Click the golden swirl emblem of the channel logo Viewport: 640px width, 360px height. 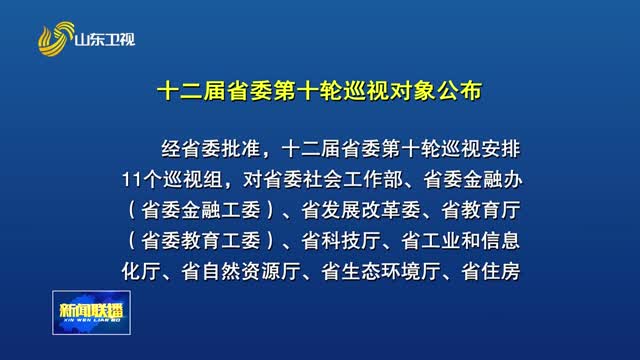[56, 39]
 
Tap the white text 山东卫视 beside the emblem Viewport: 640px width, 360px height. [105, 40]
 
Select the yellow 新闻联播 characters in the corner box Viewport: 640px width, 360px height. [91, 310]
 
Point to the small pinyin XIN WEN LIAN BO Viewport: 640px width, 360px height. [91, 320]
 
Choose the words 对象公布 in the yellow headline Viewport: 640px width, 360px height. [436, 91]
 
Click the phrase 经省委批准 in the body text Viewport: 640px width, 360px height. [211, 149]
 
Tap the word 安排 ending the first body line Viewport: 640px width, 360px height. [501, 149]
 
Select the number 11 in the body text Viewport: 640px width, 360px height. [132, 180]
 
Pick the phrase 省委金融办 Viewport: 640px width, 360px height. [473, 180]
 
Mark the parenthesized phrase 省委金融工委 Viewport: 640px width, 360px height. [201, 210]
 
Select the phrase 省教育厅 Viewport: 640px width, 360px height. [481, 210]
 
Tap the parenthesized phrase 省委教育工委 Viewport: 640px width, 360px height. [201, 241]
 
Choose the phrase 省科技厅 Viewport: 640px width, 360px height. [341, 241]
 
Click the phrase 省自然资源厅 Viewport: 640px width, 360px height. [241, 271]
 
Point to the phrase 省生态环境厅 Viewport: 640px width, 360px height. [381, 271]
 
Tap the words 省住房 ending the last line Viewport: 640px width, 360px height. [491, 271]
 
